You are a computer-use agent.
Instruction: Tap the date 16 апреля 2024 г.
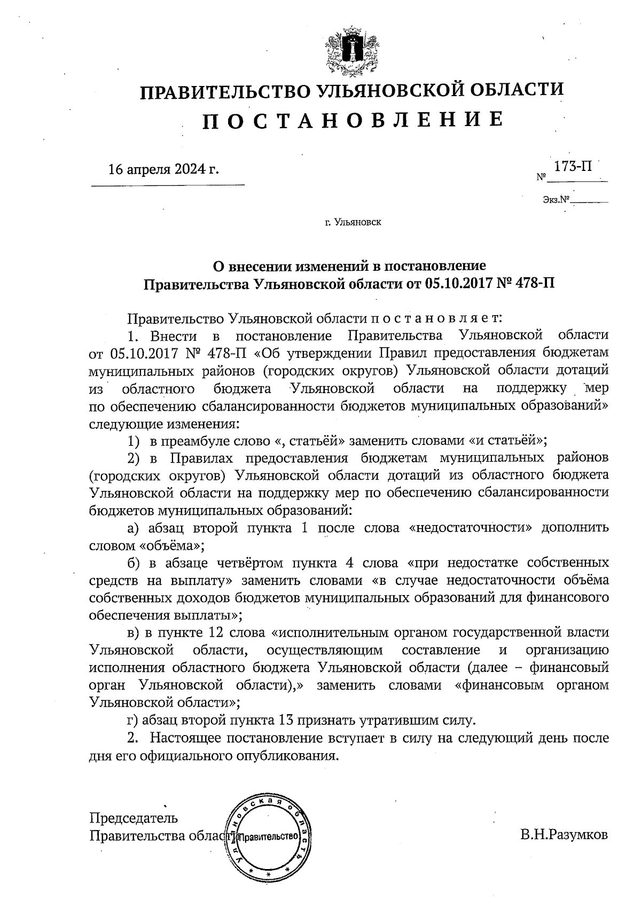(164, 170)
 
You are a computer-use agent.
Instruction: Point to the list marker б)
(134, 563)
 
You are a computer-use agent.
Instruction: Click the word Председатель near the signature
(134, 818)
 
